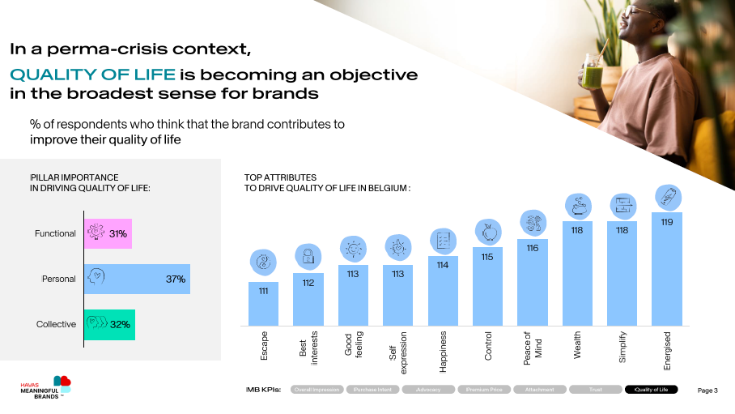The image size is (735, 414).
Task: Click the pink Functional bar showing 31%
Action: click(x=108, y=233)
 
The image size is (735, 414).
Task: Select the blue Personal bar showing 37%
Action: click(x=137, y=279)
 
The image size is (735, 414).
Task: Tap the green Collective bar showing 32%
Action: click(x=109, y=324)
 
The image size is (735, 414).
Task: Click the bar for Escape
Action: click(x=263, y=303)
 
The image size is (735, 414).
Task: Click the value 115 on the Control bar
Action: click(x=487, y=257)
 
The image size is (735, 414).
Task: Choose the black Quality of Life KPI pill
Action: click(x=651, y=390)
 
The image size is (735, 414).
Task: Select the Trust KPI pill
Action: click(x=595, y=390)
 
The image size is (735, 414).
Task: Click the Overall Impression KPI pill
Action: click(x=317, y=390)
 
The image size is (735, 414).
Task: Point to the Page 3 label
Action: click(x=707, y=391)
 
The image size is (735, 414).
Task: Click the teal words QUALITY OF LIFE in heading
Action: click(x=92, y=75)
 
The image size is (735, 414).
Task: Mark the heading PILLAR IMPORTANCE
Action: click(x=75, y=177)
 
